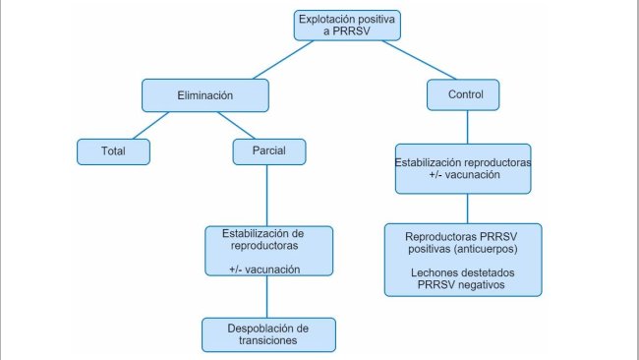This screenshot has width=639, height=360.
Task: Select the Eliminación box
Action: point(204,95)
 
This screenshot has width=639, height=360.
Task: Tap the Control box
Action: point(463,95)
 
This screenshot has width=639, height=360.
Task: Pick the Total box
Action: point(113,151)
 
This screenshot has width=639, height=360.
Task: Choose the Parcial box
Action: point(269,151)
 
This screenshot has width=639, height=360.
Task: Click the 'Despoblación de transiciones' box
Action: point(268,334)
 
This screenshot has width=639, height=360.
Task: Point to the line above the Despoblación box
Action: point(268,298)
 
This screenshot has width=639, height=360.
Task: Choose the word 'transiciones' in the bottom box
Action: point(267,341)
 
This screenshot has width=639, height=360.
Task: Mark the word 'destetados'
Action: point(489,271)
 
